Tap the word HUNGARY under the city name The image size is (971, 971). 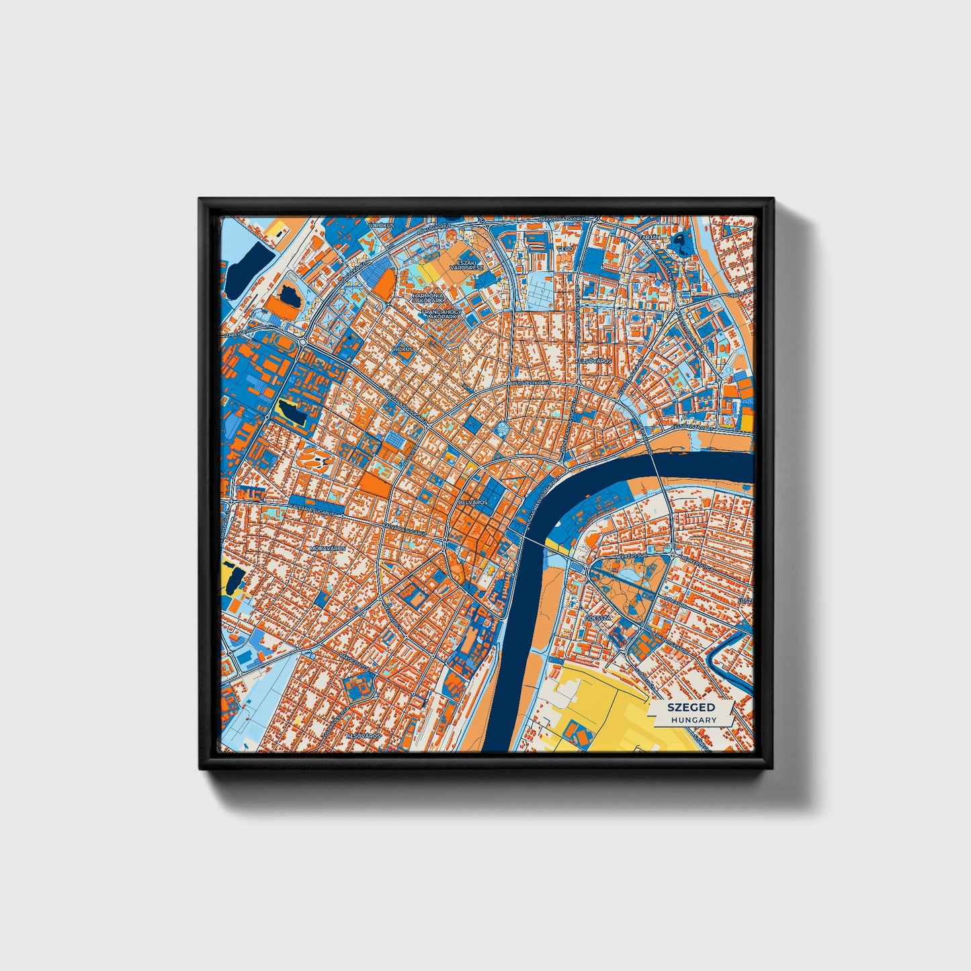(693, 720)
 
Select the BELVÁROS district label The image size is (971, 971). (471, 502)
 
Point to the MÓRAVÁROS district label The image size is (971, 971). (327, 548)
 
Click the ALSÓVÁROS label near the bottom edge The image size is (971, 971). (363, 736)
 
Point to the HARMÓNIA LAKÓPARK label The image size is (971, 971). (428, 298)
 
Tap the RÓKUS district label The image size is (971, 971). (403, 349)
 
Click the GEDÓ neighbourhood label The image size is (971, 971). (564, 249)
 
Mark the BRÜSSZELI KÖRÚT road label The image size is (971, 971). (530, 382)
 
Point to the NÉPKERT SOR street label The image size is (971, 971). (631, 557)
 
